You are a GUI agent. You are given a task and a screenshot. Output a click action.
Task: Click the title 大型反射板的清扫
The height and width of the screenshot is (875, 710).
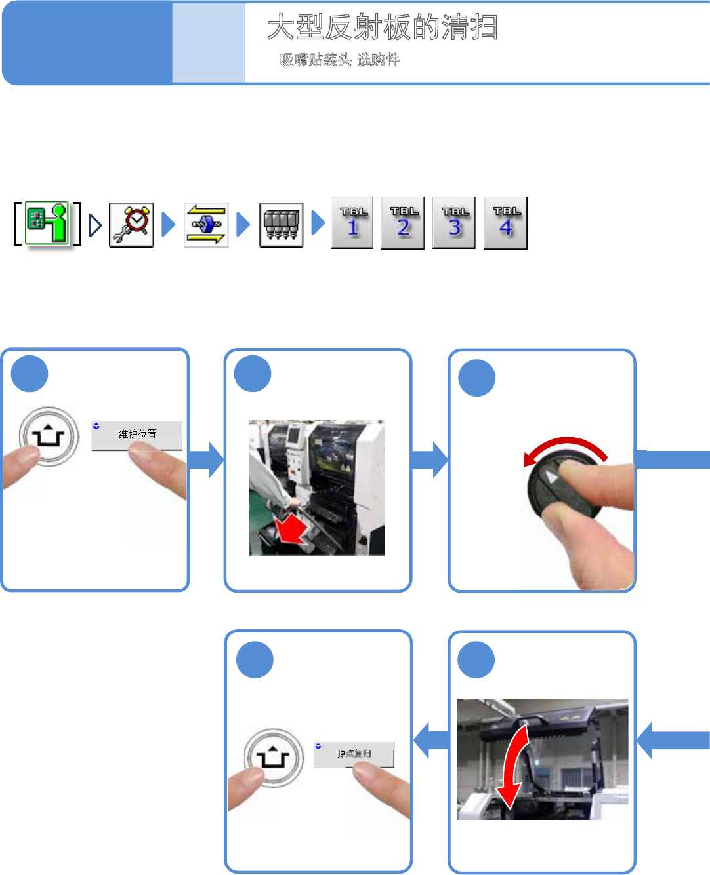[383, 28]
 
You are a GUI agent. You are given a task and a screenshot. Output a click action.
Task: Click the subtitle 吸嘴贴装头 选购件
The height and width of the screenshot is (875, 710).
[339, 60]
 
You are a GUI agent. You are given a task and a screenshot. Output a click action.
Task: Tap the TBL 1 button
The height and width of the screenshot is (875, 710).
[352, 223]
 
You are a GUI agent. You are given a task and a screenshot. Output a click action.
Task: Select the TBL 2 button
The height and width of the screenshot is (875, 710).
[403, 223]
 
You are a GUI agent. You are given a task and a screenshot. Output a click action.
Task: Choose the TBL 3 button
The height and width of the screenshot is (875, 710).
[454, 223]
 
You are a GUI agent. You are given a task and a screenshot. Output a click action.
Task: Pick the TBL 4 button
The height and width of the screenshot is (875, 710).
[505, 223]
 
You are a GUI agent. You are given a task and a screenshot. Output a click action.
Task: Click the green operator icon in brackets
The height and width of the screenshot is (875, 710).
[47, 224]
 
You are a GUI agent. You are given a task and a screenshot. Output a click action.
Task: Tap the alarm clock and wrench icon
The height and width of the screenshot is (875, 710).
[131, 224]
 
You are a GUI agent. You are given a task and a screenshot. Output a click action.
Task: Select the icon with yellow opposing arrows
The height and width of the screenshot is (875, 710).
[206, 224]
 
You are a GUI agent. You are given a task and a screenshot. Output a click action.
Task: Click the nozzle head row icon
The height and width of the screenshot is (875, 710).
[281, 224]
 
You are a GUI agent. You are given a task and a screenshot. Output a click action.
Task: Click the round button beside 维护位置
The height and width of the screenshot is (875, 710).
[49, 436]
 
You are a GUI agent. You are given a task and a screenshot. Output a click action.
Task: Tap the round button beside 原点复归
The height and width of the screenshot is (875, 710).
[274, 758]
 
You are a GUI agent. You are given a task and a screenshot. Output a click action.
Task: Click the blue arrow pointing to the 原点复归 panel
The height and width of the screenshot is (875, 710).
[431, 740]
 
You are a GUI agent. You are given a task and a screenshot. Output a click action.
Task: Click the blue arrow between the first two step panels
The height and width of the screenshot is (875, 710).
[207, 459]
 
